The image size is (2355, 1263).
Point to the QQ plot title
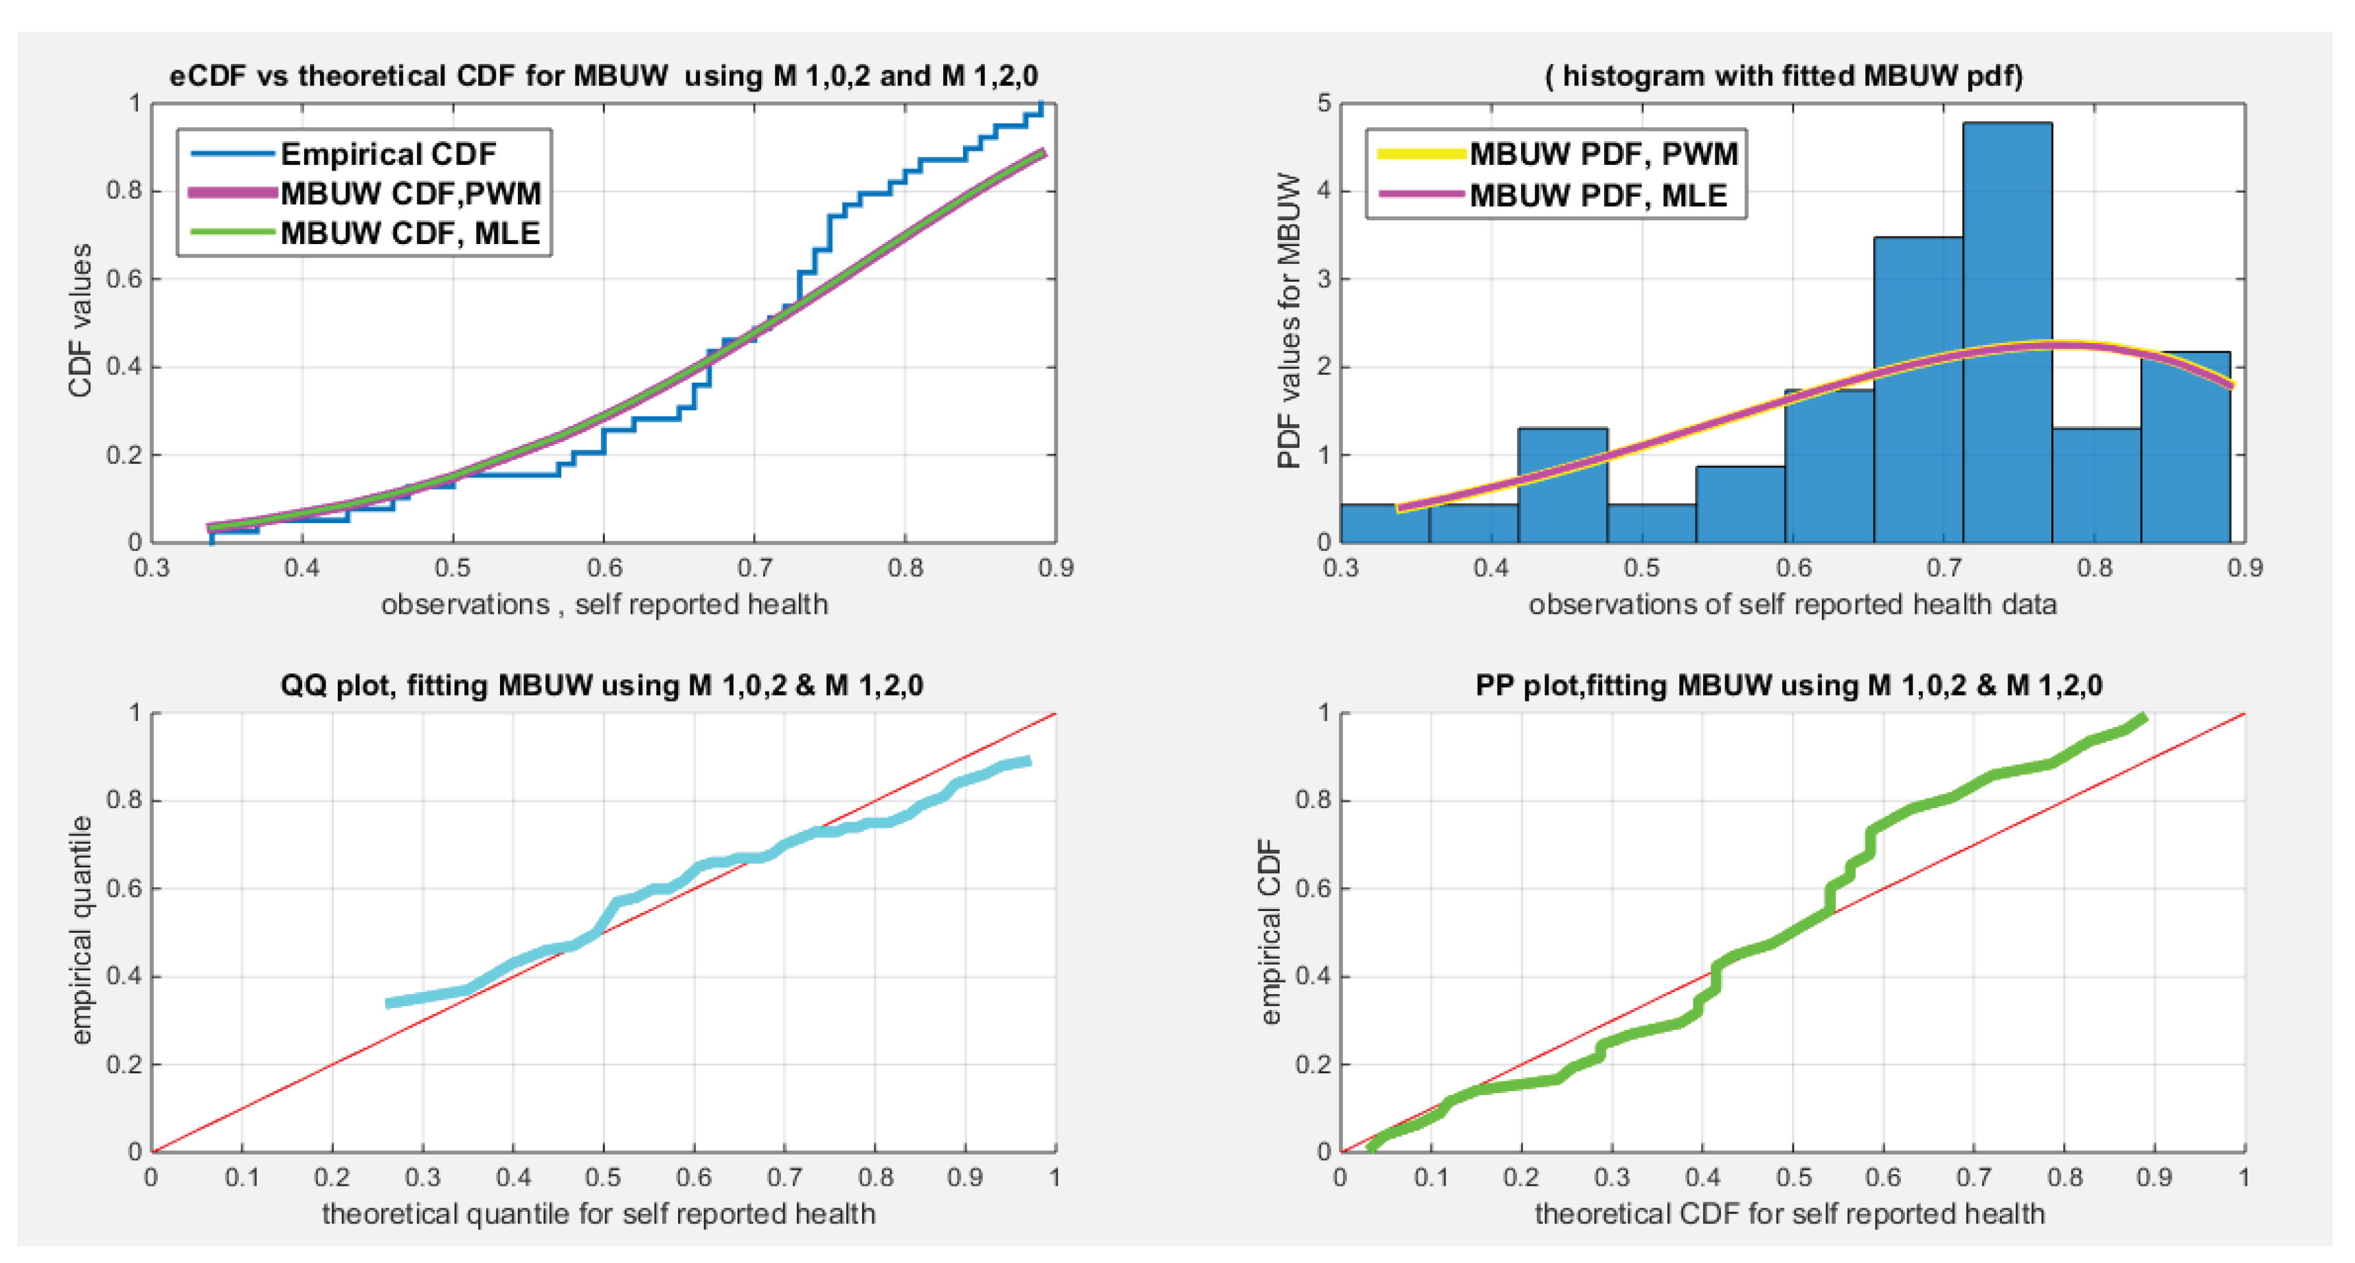click(x=602, y=685)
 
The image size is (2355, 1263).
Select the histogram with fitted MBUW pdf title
click(x=1783, y=75)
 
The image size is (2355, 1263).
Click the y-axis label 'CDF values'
click(x=80, y=320)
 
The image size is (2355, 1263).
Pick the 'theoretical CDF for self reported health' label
click(x=1789, y=1214)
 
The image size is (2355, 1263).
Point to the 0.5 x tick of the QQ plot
click(x=603, y=1177)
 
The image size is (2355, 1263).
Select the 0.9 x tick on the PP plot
click(x=2154, y=1177)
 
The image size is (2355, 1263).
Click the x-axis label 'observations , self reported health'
click(x=604, y=604)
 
